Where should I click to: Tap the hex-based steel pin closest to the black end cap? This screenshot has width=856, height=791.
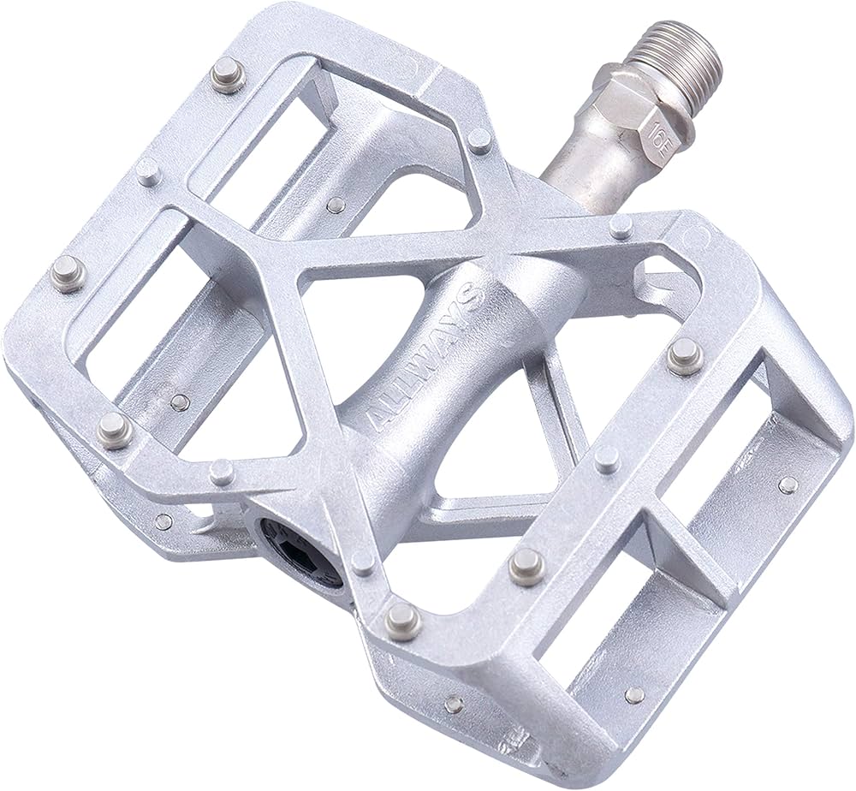[402, 621]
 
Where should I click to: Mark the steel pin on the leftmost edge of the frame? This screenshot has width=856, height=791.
[68, 273]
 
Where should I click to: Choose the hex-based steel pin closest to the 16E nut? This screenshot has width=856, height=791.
[621, 226]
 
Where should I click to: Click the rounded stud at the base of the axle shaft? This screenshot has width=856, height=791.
[480, 140]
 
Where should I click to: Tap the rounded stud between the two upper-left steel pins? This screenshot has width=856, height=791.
[148, 171]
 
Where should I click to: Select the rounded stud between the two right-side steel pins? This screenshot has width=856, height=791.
[606, 457]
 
